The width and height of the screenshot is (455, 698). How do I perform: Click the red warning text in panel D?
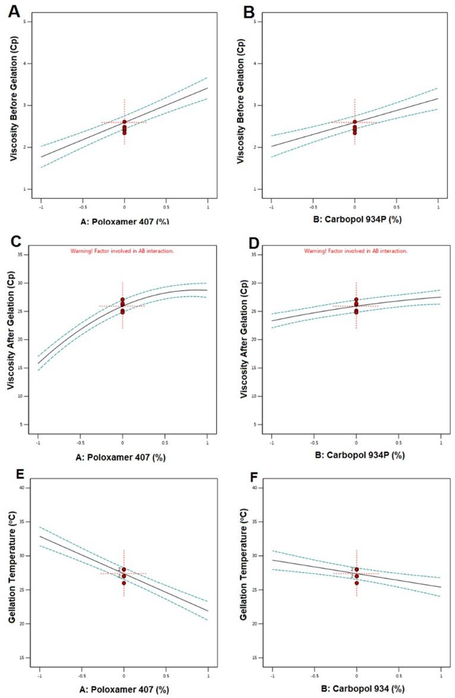tap(356, 251)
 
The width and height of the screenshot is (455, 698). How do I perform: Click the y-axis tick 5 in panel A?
tap(30, 21)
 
